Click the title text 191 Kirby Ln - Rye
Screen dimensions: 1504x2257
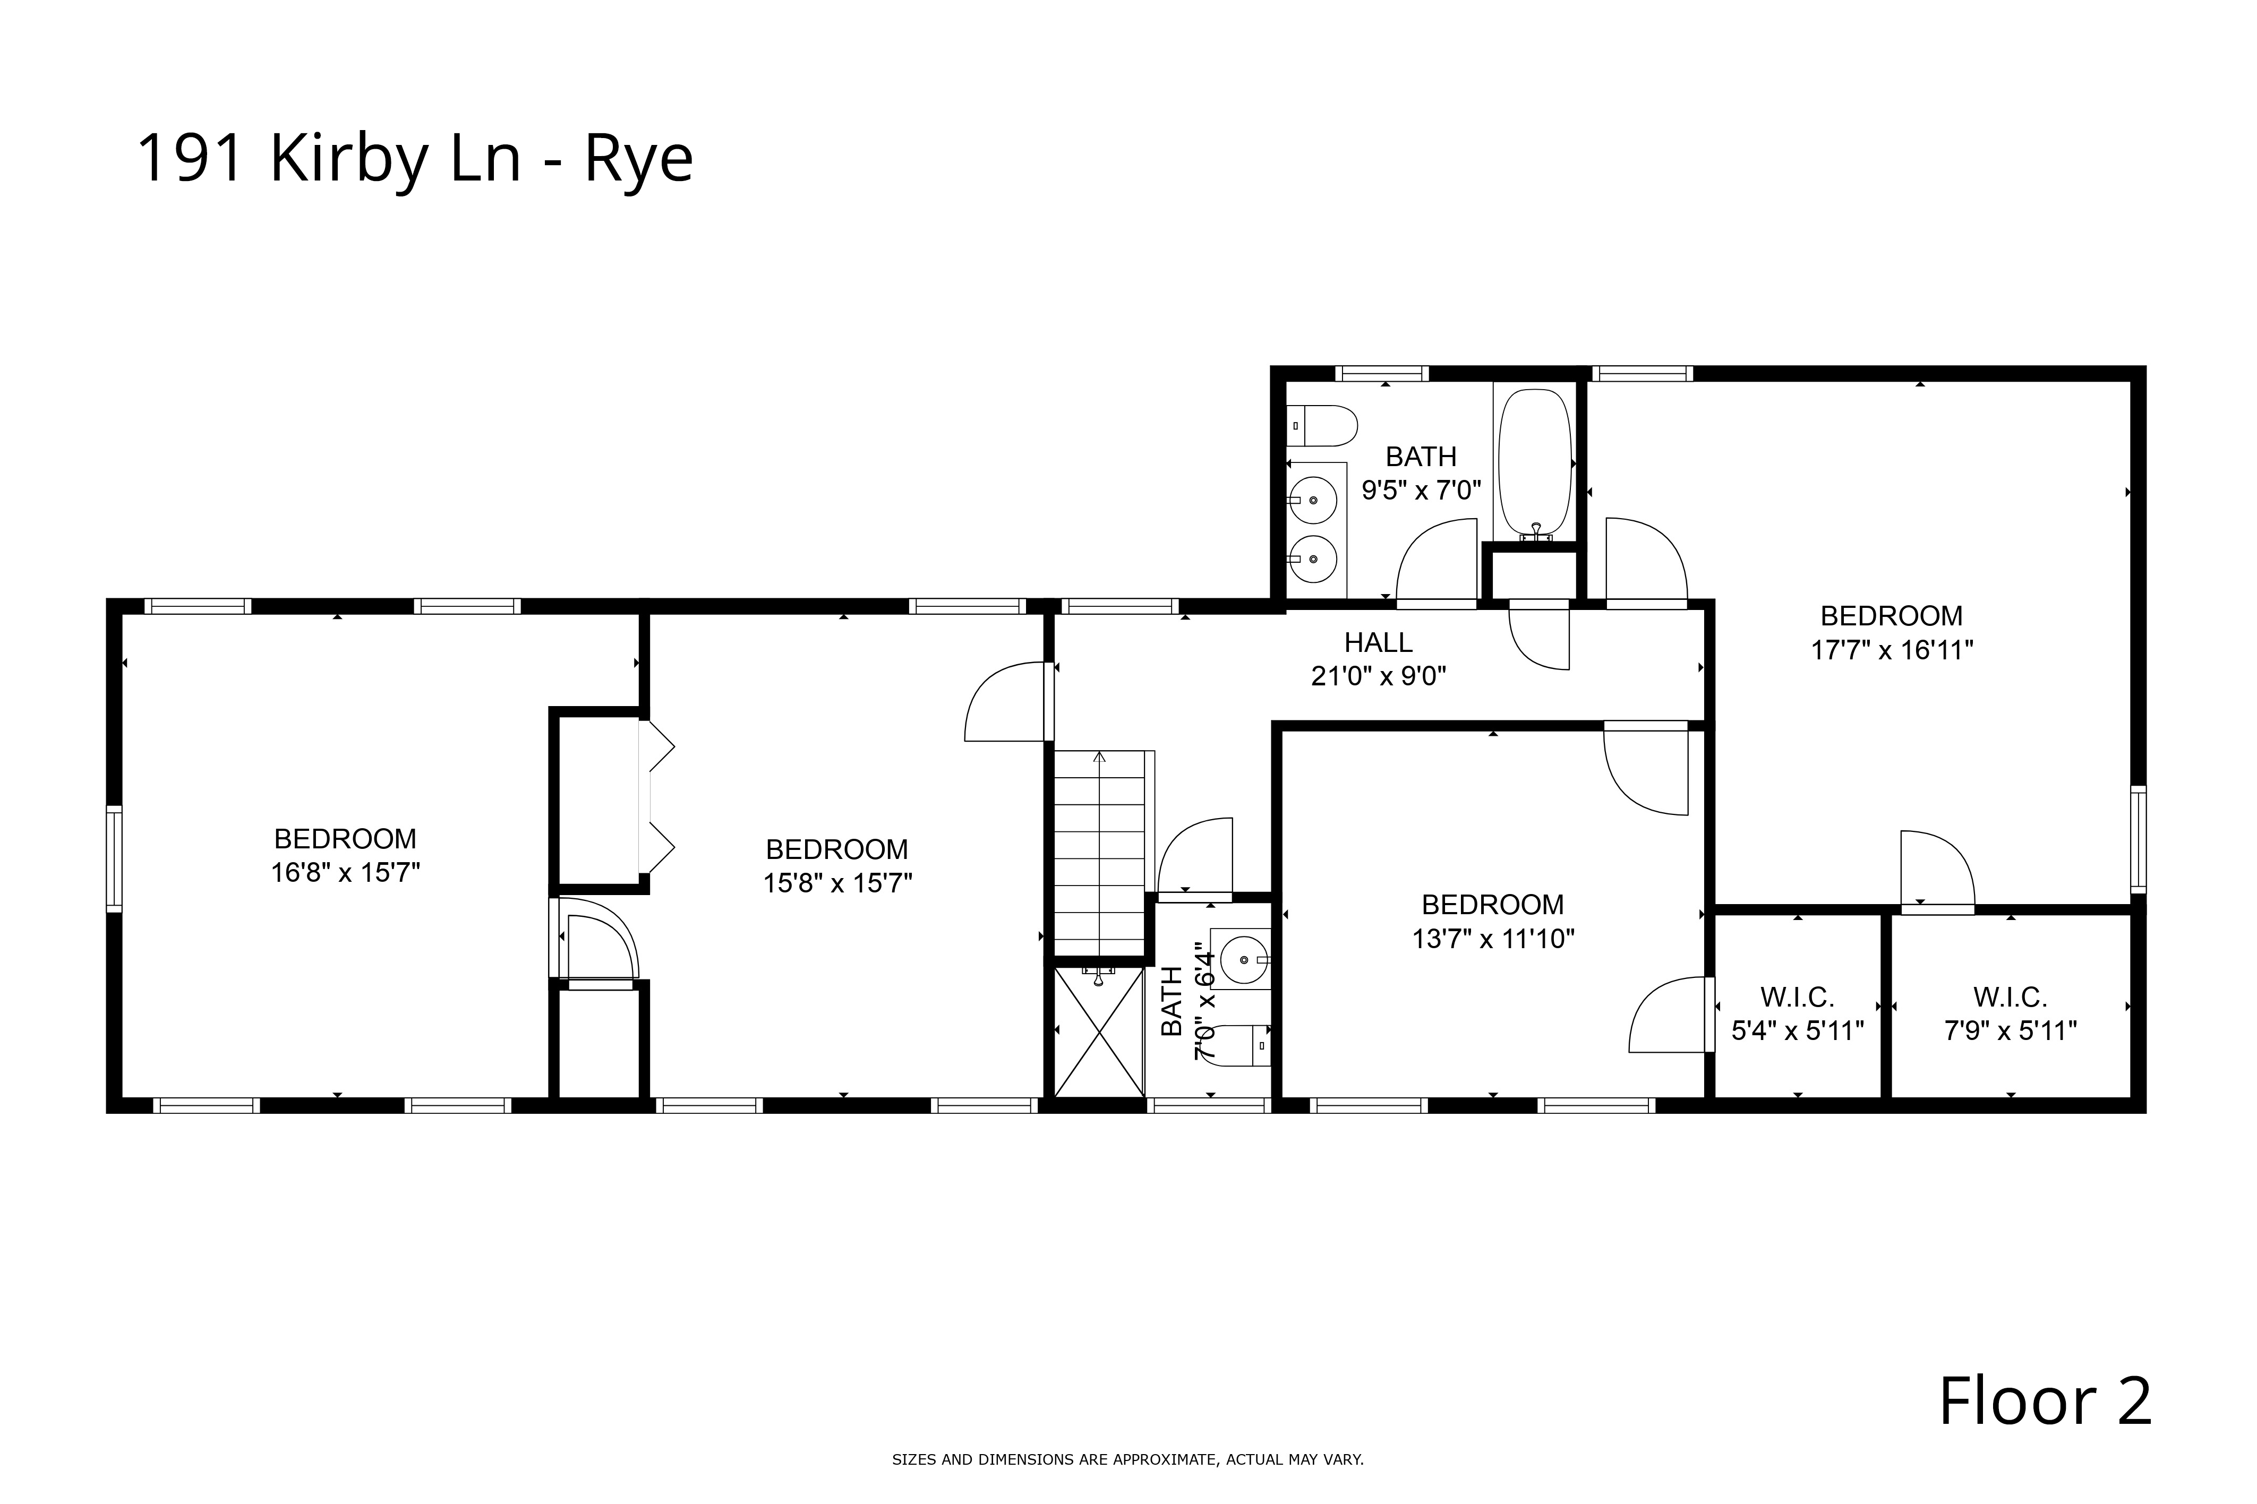414,158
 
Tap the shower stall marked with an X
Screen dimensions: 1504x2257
1099,1032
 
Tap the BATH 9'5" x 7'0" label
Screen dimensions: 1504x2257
1421,473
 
